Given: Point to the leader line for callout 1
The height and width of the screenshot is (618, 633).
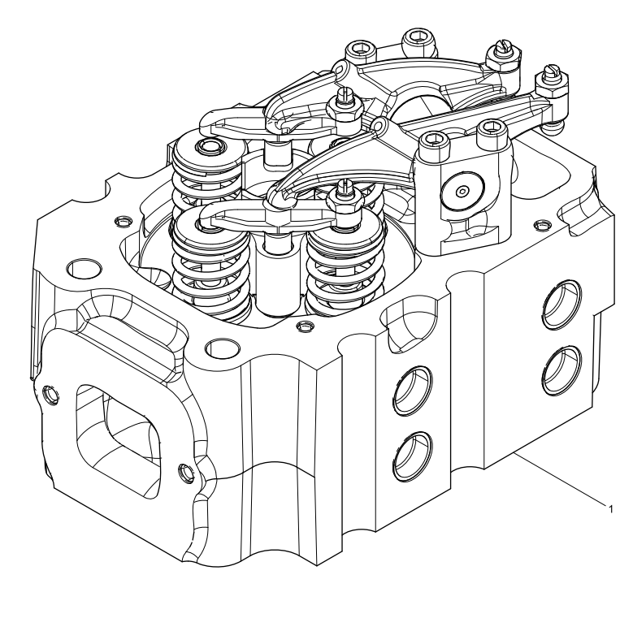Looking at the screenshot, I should [x=561, y=482].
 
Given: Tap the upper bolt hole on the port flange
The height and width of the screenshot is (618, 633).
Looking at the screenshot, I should [x=53, y=394].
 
